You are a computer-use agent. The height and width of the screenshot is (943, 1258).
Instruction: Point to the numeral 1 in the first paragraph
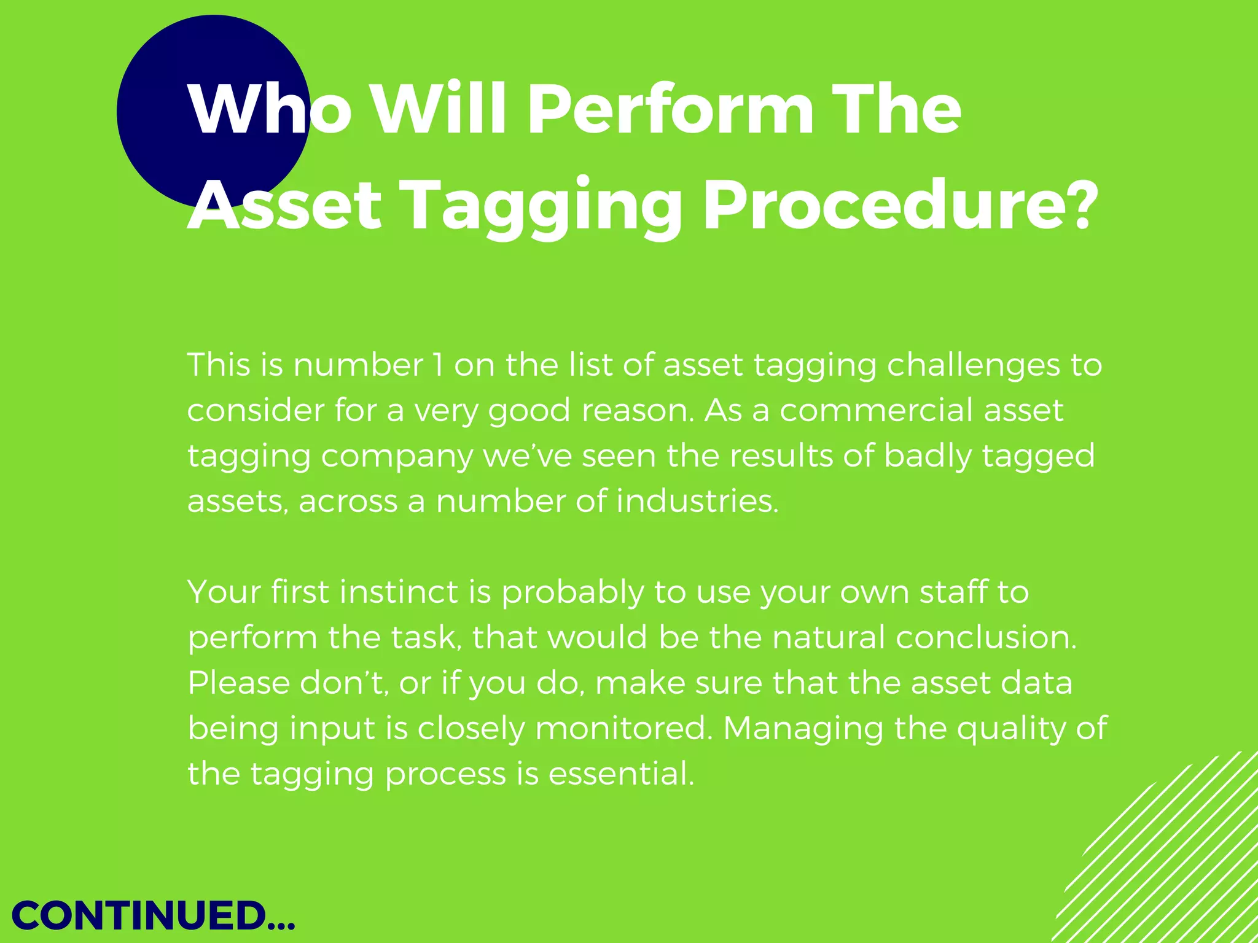[x=437, y=365]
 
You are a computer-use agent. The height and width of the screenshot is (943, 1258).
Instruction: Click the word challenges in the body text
[x=973, y=366]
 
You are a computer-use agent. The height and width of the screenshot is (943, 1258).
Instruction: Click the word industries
[x=697, y=501]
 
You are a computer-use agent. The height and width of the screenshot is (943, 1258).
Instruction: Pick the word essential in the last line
[x=620, y=774]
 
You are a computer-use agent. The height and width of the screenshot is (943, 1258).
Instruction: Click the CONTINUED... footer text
[x=154, y=916]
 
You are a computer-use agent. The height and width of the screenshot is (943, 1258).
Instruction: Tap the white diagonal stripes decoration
[x=1167, y=860]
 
